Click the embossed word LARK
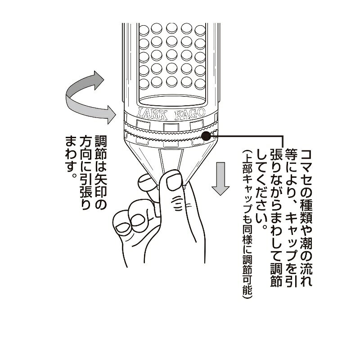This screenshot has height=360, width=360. (x=152, y=114)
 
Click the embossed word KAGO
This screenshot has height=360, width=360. (x=189, y=113)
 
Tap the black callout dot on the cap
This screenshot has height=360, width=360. (x=206, y=136)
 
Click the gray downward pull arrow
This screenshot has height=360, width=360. (x=220, y=179)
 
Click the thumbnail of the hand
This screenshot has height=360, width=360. (x=174, y=181)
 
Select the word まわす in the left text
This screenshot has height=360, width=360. (x=72, y=154)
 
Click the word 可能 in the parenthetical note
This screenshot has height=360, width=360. (x=247, y=287)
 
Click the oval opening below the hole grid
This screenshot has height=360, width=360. (x=172, y=101)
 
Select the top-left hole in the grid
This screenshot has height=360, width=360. (x=144, y=30)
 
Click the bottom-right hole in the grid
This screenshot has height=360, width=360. (x=200, y=84)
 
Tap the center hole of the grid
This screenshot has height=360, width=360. (x=172, y=55)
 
